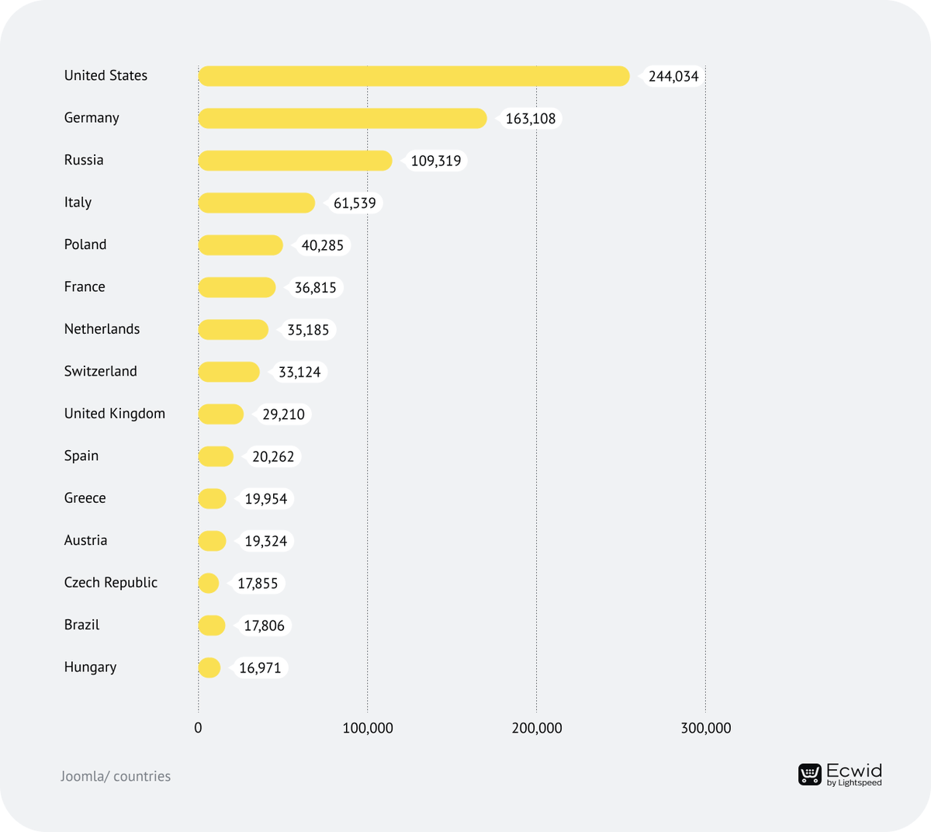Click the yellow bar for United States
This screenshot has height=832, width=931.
click(x=414, y=76)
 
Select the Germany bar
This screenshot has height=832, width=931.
click(x=342, y=119)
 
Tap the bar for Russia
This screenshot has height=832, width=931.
click(x=295, y=161)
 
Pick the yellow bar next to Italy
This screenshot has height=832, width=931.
click(x=256, y=203)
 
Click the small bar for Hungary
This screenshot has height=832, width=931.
click(x=209, y=667)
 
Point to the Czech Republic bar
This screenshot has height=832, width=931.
click(x=209, y=583)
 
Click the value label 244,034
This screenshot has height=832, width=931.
click(x=673, y=76)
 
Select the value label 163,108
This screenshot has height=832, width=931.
click(x=531, y=119)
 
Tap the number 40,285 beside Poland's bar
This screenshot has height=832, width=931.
click(x=322, y=245)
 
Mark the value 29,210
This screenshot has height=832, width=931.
click(x=283, y=414)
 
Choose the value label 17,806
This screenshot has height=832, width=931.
click(x=264, y=626)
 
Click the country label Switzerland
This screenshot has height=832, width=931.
click(x=100, y=371)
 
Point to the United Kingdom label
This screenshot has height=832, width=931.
click(x=114, y=414)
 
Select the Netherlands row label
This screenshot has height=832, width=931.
click(x=102, y=329)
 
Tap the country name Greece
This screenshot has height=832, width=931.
click(x=85, y=498)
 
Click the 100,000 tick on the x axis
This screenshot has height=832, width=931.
click(x=368, y=728)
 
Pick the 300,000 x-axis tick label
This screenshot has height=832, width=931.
click(x=705, y=728)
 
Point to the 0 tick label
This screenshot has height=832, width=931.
click(x=198, y=728)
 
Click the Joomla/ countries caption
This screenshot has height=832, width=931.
click(x=116, y=776)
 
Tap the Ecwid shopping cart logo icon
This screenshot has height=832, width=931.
click(x=810, y=774)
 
